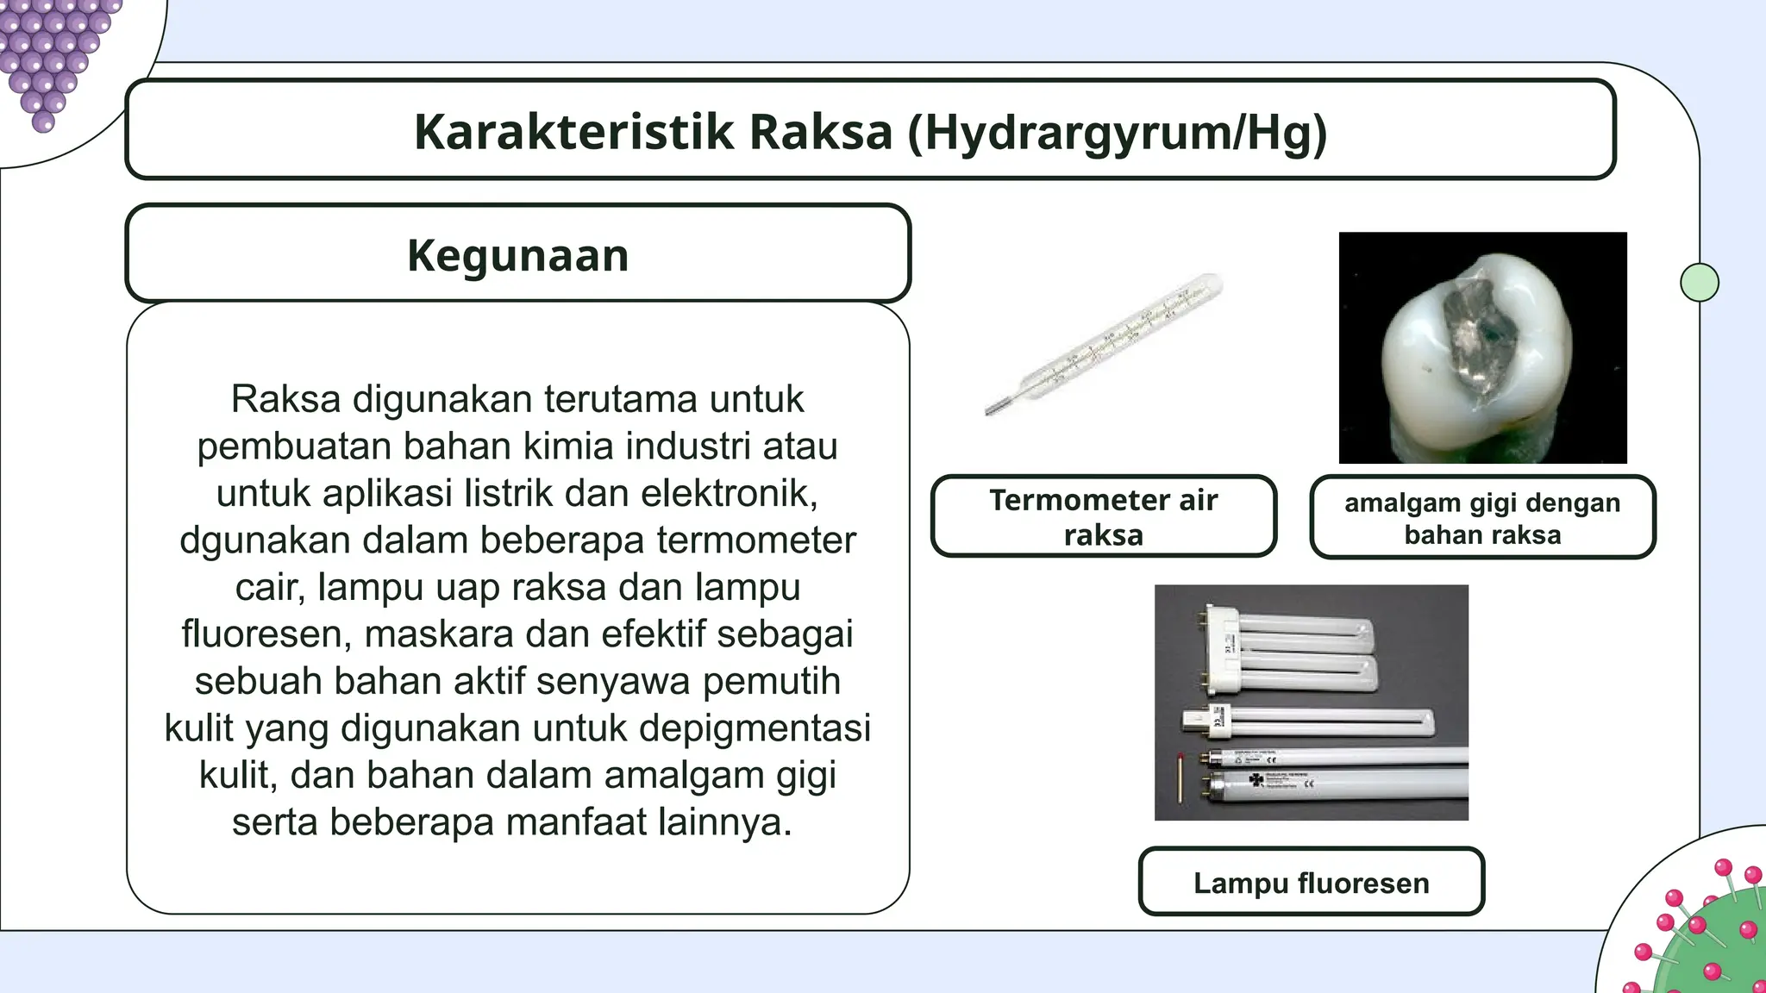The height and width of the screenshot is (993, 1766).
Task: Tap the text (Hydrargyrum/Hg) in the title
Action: [x=1117, y=134]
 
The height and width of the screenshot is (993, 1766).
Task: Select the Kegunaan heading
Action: [x=517, y=255]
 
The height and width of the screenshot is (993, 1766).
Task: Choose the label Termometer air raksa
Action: [x=1103, y=516]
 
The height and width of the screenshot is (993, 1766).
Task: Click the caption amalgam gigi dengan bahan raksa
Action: [x=1481, y=518]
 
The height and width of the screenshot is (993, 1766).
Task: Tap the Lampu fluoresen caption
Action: [x=1311, y=883]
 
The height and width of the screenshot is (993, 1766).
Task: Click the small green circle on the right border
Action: [x=1699, y=282]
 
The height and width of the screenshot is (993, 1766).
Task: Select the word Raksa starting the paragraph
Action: [x=285, y=400]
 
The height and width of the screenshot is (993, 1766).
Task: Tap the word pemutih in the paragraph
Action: [x=771, y=682]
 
